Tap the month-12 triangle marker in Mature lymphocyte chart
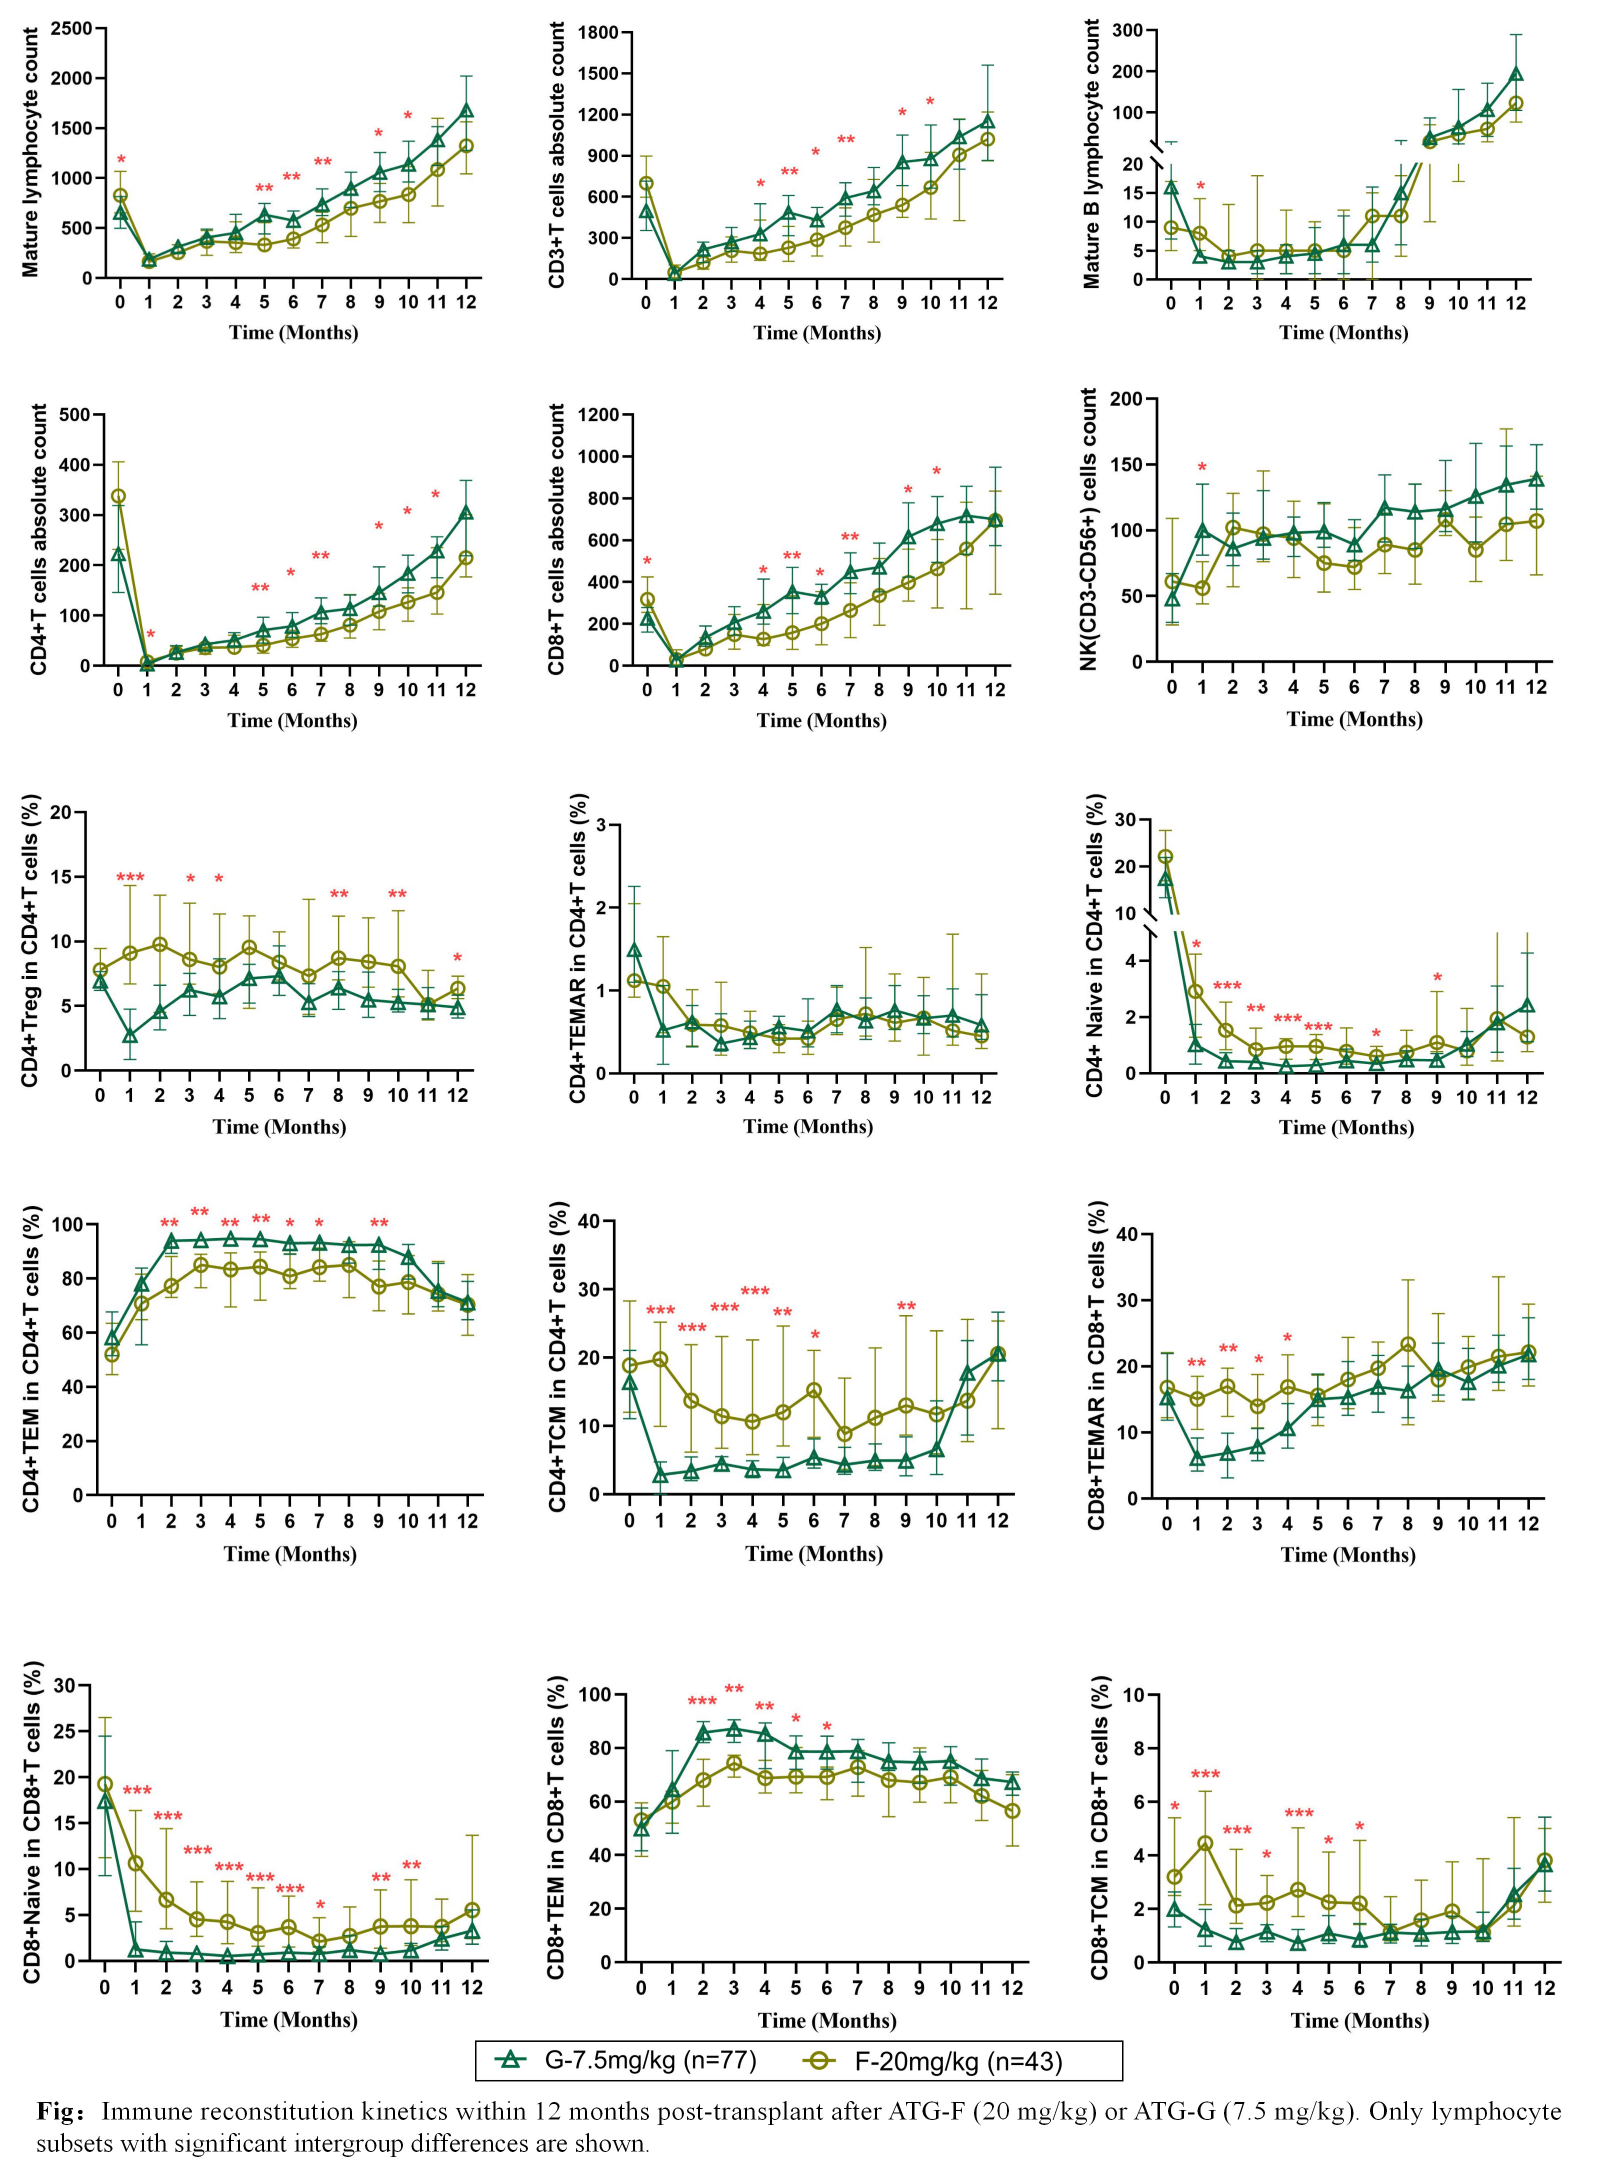(467, 111)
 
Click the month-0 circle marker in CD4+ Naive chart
(1165, 857)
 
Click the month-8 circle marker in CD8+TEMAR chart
(1408, 1345)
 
